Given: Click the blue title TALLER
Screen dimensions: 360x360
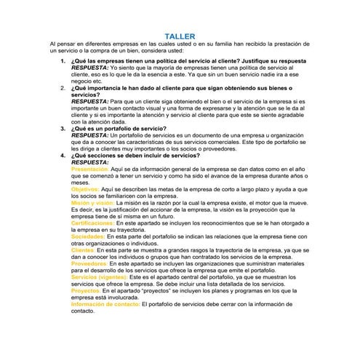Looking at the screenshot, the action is point(180,35).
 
